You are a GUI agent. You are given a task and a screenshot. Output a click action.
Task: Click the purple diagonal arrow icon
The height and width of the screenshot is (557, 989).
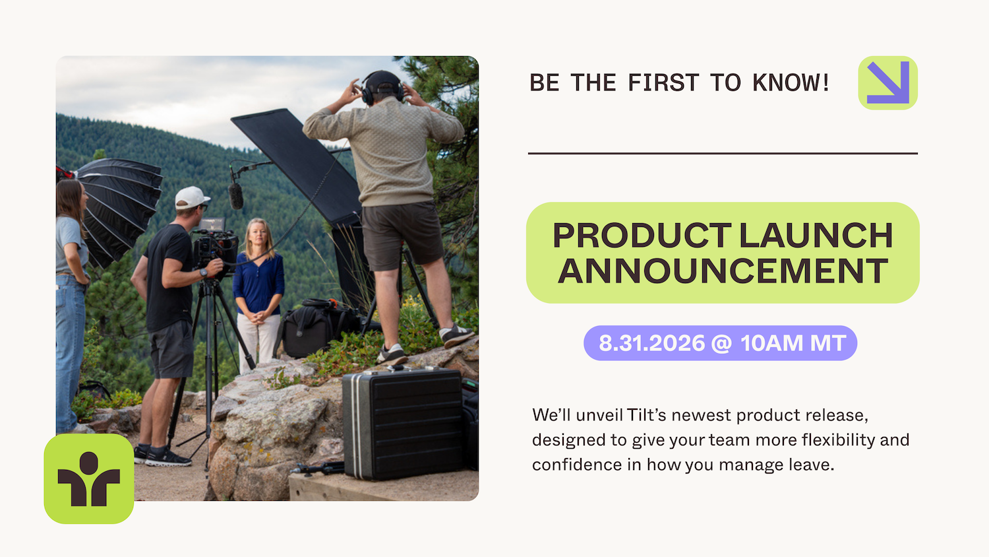[888, 82]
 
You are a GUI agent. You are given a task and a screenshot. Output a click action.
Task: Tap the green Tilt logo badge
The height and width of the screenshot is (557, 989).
[89, 478]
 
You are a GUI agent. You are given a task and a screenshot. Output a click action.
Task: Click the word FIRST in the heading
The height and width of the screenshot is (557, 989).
[663, 82]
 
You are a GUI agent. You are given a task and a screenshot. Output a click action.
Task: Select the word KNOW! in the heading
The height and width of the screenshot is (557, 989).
[791, 82]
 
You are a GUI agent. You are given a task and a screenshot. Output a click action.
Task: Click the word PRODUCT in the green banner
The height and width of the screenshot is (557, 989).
[642, 235]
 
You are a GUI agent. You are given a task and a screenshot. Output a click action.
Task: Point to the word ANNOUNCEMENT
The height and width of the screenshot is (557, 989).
[723, 271]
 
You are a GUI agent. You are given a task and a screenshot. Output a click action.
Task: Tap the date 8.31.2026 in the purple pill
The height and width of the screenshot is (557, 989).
[651, 343]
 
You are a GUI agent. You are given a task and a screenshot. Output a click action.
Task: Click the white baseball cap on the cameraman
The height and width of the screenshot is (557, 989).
[192, 197]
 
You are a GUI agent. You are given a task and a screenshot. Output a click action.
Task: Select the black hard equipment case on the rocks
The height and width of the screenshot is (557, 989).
[402, 424]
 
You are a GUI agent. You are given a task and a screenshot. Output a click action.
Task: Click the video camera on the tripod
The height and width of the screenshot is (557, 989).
[215, 247]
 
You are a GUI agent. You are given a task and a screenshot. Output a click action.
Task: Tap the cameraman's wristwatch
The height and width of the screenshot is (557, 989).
[204, 273]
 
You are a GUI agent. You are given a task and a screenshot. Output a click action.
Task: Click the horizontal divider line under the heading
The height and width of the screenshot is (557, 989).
[723, 153]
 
